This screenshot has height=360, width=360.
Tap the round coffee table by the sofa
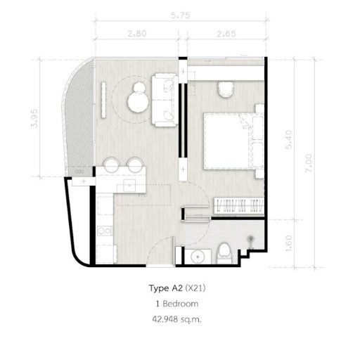[x=137, y=103]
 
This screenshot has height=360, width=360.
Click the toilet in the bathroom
[x=224, y=252]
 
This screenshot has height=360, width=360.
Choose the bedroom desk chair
[x=225, y=89]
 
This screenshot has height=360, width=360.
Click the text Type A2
[x=167, y=288]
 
